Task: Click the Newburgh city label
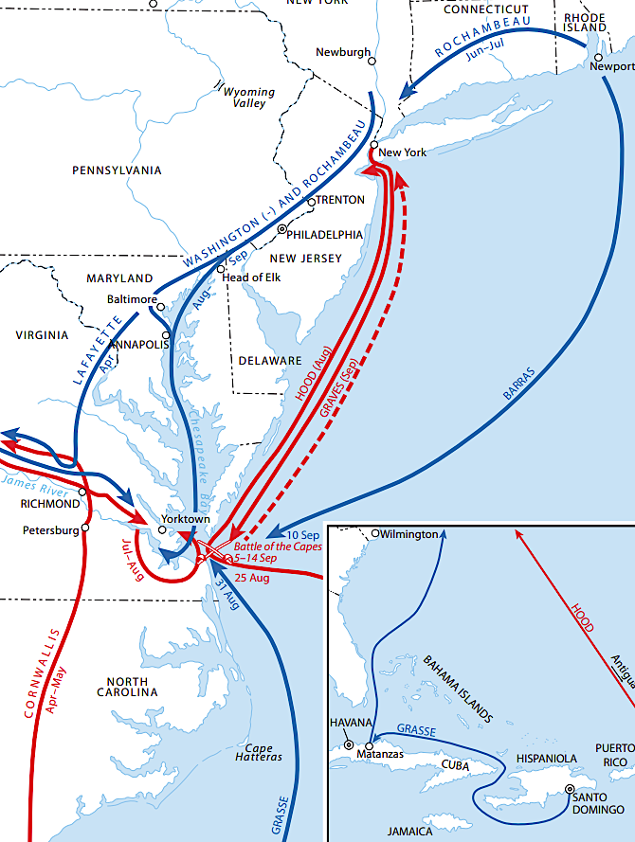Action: (x=342, y=52)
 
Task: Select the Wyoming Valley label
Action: (x=248, y=98)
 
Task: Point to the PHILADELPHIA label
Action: (x=325, y=234)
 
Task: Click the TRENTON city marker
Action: (x=311, y=202)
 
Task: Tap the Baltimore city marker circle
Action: (x=161, y=307)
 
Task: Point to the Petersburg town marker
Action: (x=86, y=528)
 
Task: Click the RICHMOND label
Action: (x=50, y=504)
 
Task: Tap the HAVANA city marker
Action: (x=350, y=745)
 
